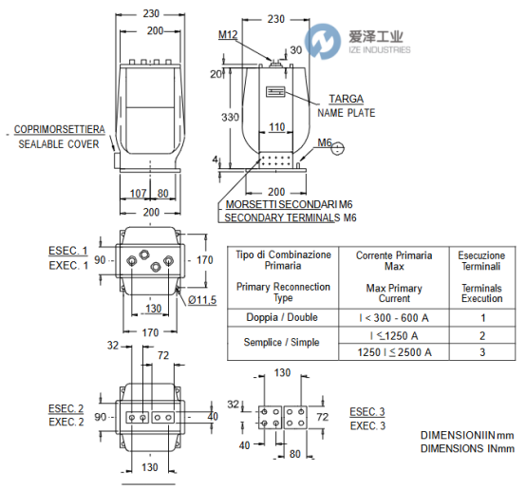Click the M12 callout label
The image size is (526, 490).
[228, 34]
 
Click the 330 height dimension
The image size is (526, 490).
[230, 117]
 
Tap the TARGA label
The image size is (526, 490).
[347, 99]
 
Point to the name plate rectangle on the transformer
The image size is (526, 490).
[275, 91]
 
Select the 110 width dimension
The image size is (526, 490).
[277, 127]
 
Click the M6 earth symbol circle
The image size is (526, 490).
[337, 148]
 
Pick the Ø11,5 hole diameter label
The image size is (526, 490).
[202, 300]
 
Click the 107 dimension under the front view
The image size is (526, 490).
[139, 194]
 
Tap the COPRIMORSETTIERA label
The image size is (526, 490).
[60, 129]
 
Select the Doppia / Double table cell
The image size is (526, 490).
[282, 317]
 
